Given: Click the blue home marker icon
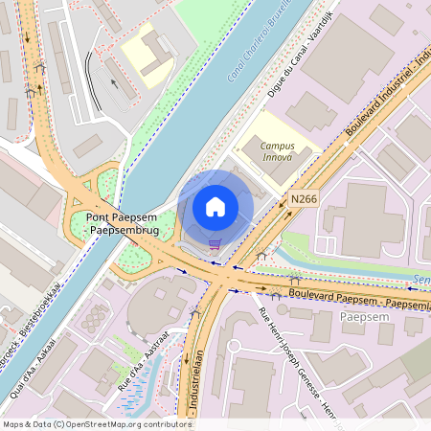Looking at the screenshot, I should (215, 207).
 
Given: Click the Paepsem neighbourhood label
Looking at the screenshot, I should (359, 316).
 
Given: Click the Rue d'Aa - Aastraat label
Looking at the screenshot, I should (143, 359).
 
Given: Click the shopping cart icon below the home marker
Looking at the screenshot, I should (215, 243).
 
